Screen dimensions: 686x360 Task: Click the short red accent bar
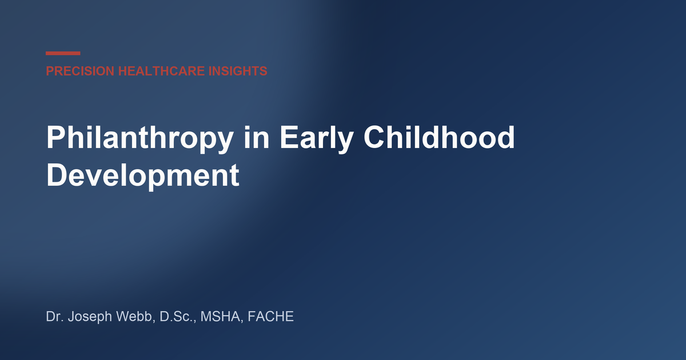click(x=63, y=53)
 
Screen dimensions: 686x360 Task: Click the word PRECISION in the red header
click(x=80, y=71)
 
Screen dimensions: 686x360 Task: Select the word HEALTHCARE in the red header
click(x=161, y=71)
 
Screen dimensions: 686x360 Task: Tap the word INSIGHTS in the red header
click(x=238, y=71)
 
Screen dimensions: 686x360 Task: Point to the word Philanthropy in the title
click(x=140, y=138)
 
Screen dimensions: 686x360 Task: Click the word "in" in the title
click(x=257, y=138)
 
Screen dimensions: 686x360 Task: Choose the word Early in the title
click(x=317, y=138)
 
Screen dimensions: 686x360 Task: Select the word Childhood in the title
click(x=439, y=138)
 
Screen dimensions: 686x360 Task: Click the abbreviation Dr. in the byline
click(x=54, y=317)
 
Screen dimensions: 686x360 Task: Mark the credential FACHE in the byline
click(x=270, y=317)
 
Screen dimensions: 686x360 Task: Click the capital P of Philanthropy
click(x=56, y=137)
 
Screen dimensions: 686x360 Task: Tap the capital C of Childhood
click(x=374, y=138)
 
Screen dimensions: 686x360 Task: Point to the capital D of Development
click(x=57, y=175)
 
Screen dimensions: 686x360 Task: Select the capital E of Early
click(x=289, y=138)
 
